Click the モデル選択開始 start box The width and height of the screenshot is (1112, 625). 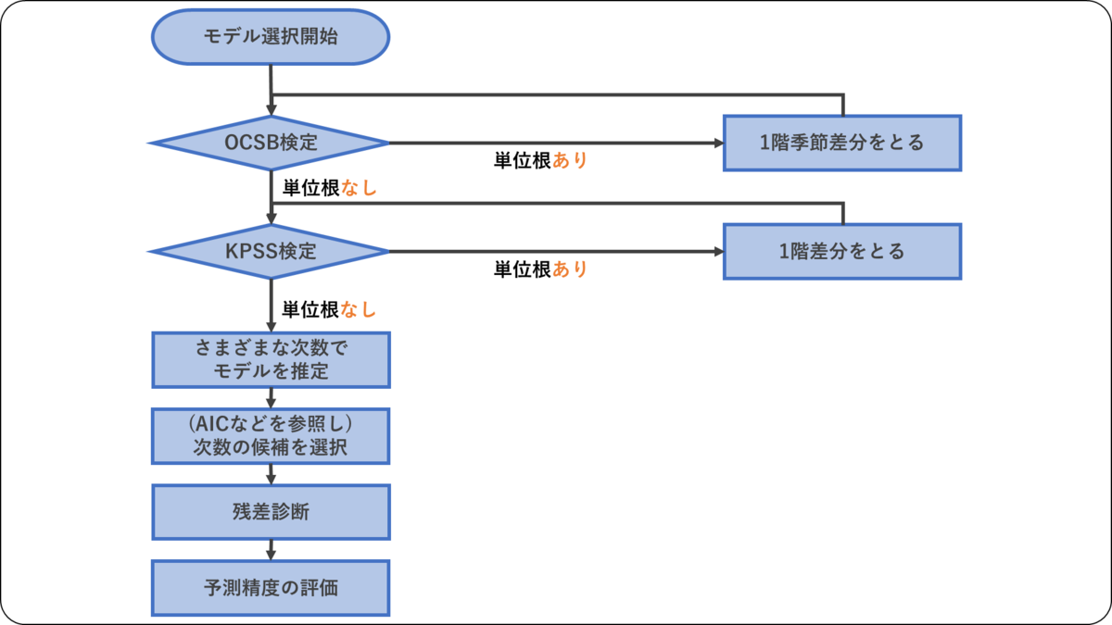(x=271, y=38)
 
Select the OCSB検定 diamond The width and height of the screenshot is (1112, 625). (x=271, y=143)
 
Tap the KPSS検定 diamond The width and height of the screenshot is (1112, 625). (x=271, y=251)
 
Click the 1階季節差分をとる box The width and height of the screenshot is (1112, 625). (x=842, y=143)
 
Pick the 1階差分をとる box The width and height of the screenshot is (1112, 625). (x=842, y=251)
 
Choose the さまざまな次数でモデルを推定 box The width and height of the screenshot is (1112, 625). (x=271, y=359)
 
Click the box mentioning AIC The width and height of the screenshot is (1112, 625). (x=271, y=436)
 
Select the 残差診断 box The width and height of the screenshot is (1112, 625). (x=271, y=512)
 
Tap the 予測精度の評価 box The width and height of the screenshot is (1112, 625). (x=271, y=588)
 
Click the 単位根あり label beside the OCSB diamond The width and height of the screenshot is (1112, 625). (x=540, y=160)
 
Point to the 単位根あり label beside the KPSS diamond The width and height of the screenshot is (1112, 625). (x=540, y=269)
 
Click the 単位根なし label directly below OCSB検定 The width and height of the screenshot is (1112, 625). (x=330, y=187)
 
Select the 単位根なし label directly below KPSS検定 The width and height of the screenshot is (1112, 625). (x=330, y=310)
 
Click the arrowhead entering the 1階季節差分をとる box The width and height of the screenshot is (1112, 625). (x=717, y=143)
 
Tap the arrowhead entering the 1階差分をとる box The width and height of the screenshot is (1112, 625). (x=717, y=251)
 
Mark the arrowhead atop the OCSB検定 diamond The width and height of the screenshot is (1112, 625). (x=271, y=111)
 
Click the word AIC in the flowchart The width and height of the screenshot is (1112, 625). (x=209, y=424)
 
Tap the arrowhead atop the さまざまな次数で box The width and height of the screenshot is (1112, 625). (x=271, y=326)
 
